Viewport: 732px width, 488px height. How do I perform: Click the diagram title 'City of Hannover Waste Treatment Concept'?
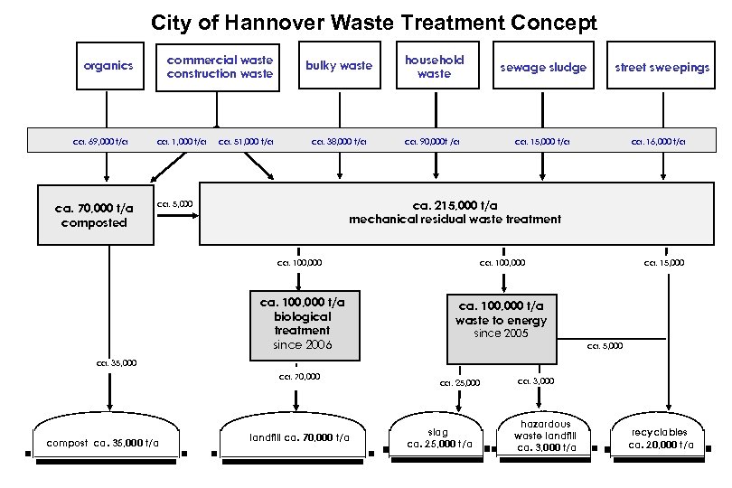coord(373,22)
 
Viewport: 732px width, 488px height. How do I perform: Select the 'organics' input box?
coord(108,66)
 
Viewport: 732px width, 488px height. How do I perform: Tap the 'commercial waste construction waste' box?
coord(220,67)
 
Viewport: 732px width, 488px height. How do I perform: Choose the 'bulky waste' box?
coord(339,66)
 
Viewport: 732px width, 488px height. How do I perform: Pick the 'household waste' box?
coord(434,66)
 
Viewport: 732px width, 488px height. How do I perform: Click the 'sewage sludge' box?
coord(544,67)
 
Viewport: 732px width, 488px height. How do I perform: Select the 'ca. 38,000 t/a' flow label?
coord(339,141)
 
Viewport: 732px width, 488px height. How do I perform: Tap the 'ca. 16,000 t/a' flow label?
coord(658,141)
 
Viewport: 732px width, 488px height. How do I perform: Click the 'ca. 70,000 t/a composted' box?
coord(95,215)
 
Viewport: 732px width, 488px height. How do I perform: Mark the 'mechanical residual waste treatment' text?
coord(455,219)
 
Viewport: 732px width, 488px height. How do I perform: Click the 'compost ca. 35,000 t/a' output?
coord(102,443)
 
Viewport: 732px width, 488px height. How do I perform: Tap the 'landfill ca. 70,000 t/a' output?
coord(298,438)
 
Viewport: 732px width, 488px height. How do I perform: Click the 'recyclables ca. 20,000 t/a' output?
coord(661,438)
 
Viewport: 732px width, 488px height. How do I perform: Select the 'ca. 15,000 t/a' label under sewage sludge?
coord(542,141)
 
